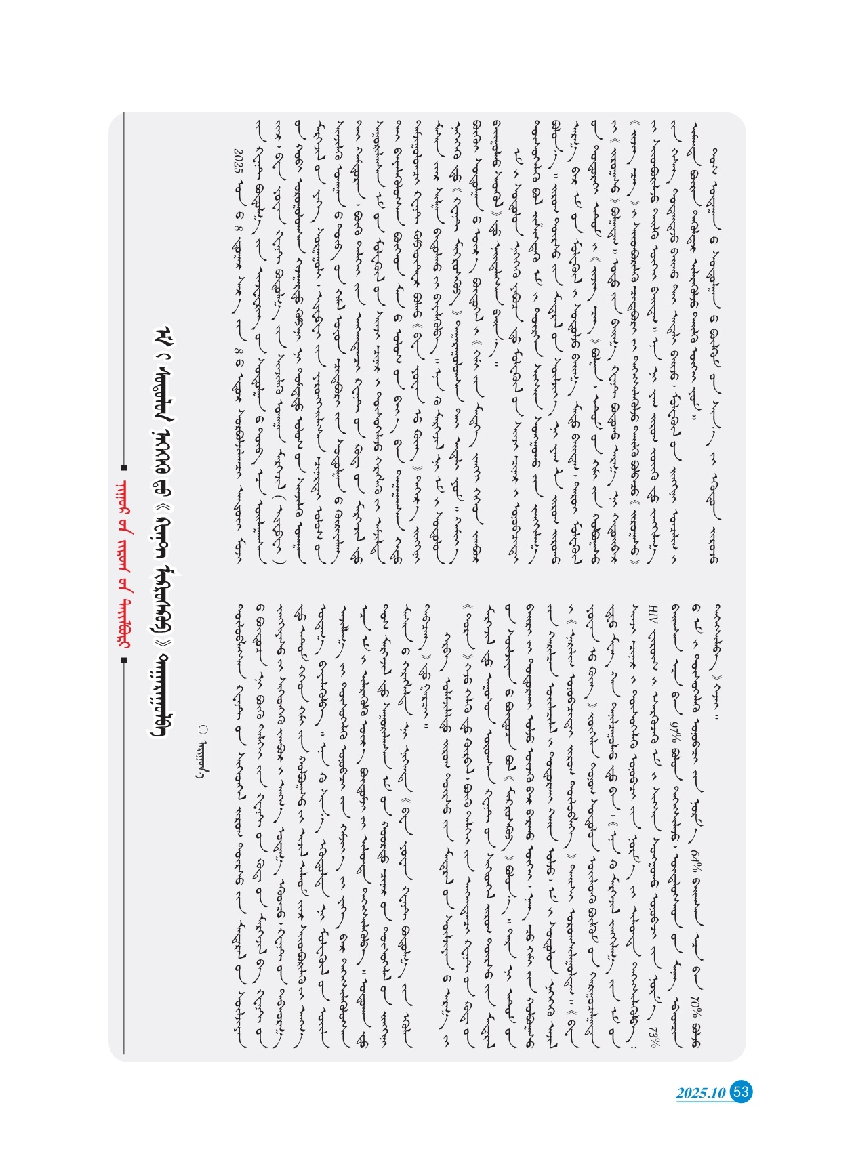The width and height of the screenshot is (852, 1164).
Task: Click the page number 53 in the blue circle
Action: coord(742,1092)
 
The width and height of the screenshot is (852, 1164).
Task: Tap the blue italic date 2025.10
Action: coord(702,1093)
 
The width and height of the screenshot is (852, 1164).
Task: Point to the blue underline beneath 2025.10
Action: coord(705,1103)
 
